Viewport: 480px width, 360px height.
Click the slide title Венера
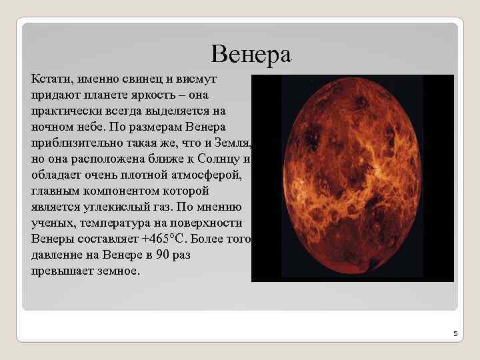[x=251, y=54]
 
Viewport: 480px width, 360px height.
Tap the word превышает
[x=63, y=271]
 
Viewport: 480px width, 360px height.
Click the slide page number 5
[x=455, y=333]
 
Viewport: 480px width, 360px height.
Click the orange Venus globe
[x=352, y=178]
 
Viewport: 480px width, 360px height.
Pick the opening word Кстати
[x=50, y=79]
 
